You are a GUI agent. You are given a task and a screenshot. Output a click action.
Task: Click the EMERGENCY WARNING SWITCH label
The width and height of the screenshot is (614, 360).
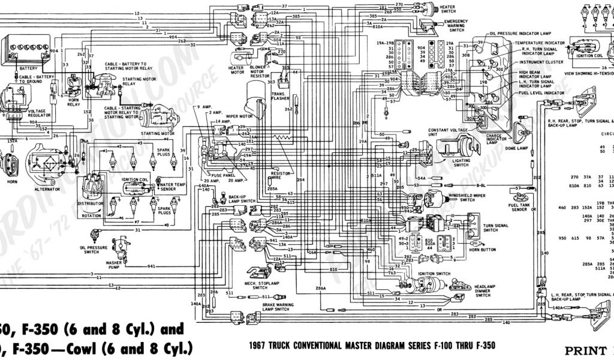(456, 26)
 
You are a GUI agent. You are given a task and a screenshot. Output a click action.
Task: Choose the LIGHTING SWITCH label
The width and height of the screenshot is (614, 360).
(462, 163)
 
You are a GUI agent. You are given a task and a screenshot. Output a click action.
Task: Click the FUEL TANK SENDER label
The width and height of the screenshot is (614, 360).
(519, 208)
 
